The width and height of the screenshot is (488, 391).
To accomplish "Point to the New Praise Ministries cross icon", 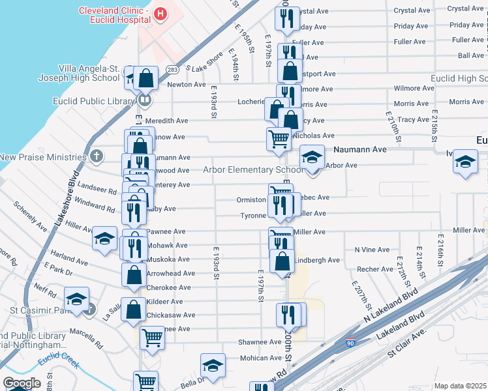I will point(97,156).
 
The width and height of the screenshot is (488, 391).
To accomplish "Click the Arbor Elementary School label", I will point(253,170).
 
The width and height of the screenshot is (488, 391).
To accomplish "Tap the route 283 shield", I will point(172,69).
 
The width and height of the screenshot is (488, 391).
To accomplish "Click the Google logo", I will point(22,383).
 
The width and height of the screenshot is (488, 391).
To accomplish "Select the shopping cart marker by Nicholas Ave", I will point(279,139).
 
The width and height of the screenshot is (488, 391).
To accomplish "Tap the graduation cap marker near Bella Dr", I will point(213,365).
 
